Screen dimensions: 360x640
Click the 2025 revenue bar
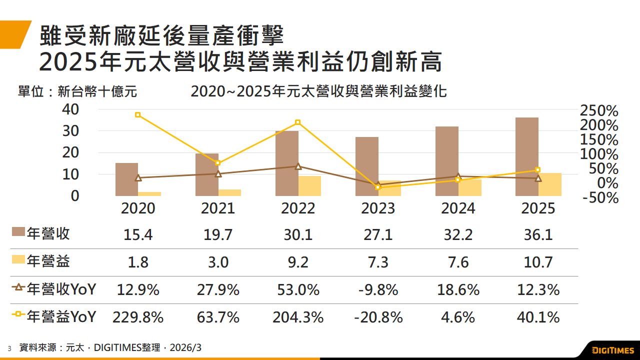[x=527, y=156]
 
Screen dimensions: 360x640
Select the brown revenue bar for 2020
[x=126, y=179]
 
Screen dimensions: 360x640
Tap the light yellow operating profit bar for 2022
[x=309, y=185]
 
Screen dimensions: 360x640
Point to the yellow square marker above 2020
[x=137, y=115]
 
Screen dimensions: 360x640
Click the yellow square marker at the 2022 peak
[x=297, y=122]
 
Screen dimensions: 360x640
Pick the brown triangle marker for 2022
[x=298, y=166]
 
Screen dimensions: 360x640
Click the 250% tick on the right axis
[x=599, y=110]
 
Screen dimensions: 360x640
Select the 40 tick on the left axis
[x=70, y=108]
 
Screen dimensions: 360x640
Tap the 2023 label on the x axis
[x=378, y=208]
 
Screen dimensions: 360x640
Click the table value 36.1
[x=538, y=234]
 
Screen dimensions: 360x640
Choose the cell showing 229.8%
[x=138, y=317]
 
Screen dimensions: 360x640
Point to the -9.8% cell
[x=378, y=289]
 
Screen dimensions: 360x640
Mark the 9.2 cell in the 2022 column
[x=298, y=262]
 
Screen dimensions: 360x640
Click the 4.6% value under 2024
[x=458, y=317]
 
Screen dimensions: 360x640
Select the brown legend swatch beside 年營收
[x=18, y=232]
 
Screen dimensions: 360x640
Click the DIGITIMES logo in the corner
[x=612, y=349]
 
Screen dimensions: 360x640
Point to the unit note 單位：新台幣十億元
[x=77, y=92]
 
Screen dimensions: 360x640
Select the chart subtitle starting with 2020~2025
[x=318, y=92]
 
